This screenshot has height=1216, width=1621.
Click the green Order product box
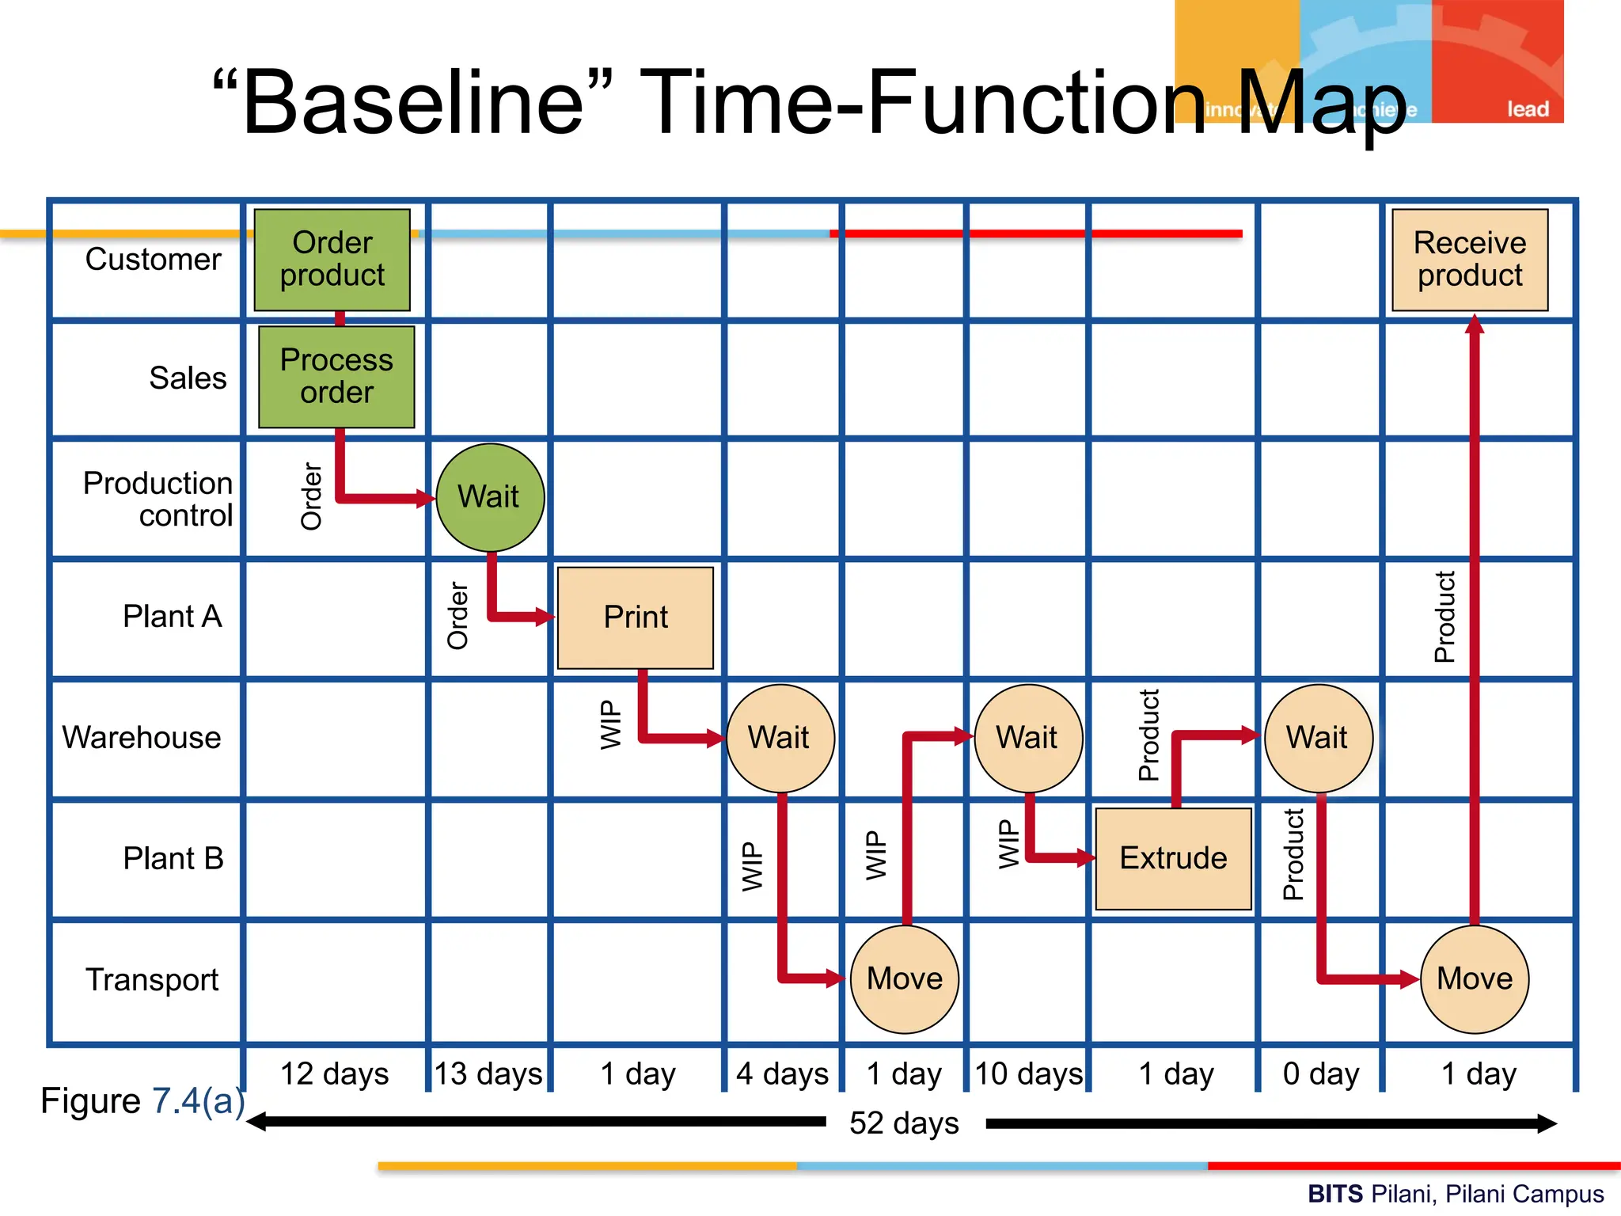pos(332,260)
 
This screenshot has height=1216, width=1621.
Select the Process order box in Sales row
pos(336,377)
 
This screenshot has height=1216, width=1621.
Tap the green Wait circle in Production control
pos(490,497)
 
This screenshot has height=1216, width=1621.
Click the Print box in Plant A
pos(635,617)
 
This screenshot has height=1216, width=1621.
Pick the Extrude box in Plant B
pos(1173,859)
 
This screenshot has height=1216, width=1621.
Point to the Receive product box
pos(1470,260)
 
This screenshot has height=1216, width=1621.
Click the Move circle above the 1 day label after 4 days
pos(904,979)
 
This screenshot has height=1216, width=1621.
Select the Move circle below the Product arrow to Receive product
pos(1475,979)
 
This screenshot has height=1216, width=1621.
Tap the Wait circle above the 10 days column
pos(1027,738)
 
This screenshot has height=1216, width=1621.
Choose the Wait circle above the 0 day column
pos(1318,738)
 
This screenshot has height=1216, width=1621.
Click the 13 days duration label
pos(488,1074)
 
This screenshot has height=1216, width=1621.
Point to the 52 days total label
pos(904,1123)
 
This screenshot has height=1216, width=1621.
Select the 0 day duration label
pos(1320,1074)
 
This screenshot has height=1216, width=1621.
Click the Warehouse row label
pos(142,738)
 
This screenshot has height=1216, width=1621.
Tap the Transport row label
pos(152,980)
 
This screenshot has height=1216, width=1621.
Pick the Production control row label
pos(158,499)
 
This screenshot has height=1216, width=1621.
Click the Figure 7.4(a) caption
pos(142,1101)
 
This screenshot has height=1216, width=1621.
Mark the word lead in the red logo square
pos(1527,109)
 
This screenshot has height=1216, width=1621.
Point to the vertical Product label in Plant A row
pos(1444,617)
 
